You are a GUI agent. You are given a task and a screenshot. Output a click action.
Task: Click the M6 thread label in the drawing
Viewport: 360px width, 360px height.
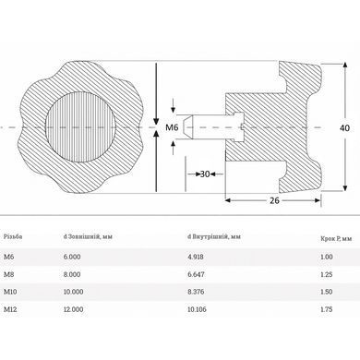tap(172, 127)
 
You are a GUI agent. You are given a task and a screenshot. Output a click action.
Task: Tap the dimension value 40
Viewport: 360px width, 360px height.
tap(344, 127)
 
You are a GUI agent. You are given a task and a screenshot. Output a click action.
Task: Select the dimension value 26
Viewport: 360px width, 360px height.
tap(274, 200)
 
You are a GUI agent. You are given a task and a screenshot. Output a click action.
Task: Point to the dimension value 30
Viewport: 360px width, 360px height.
tap(205, 174)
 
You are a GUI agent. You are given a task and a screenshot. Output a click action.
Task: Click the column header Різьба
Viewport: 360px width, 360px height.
tap(13, 236)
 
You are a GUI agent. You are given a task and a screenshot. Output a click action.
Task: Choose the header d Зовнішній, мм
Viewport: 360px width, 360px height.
tap(88, 236)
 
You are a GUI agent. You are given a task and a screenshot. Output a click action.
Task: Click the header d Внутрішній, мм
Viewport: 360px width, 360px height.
tap(214, 236)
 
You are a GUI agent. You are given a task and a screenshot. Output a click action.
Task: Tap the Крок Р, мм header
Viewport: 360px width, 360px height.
tap(336, 238)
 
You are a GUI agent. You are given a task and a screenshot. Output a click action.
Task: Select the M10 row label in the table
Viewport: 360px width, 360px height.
tap(10, 292)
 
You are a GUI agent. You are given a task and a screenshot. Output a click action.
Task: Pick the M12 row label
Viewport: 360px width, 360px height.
tap(10, 309)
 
